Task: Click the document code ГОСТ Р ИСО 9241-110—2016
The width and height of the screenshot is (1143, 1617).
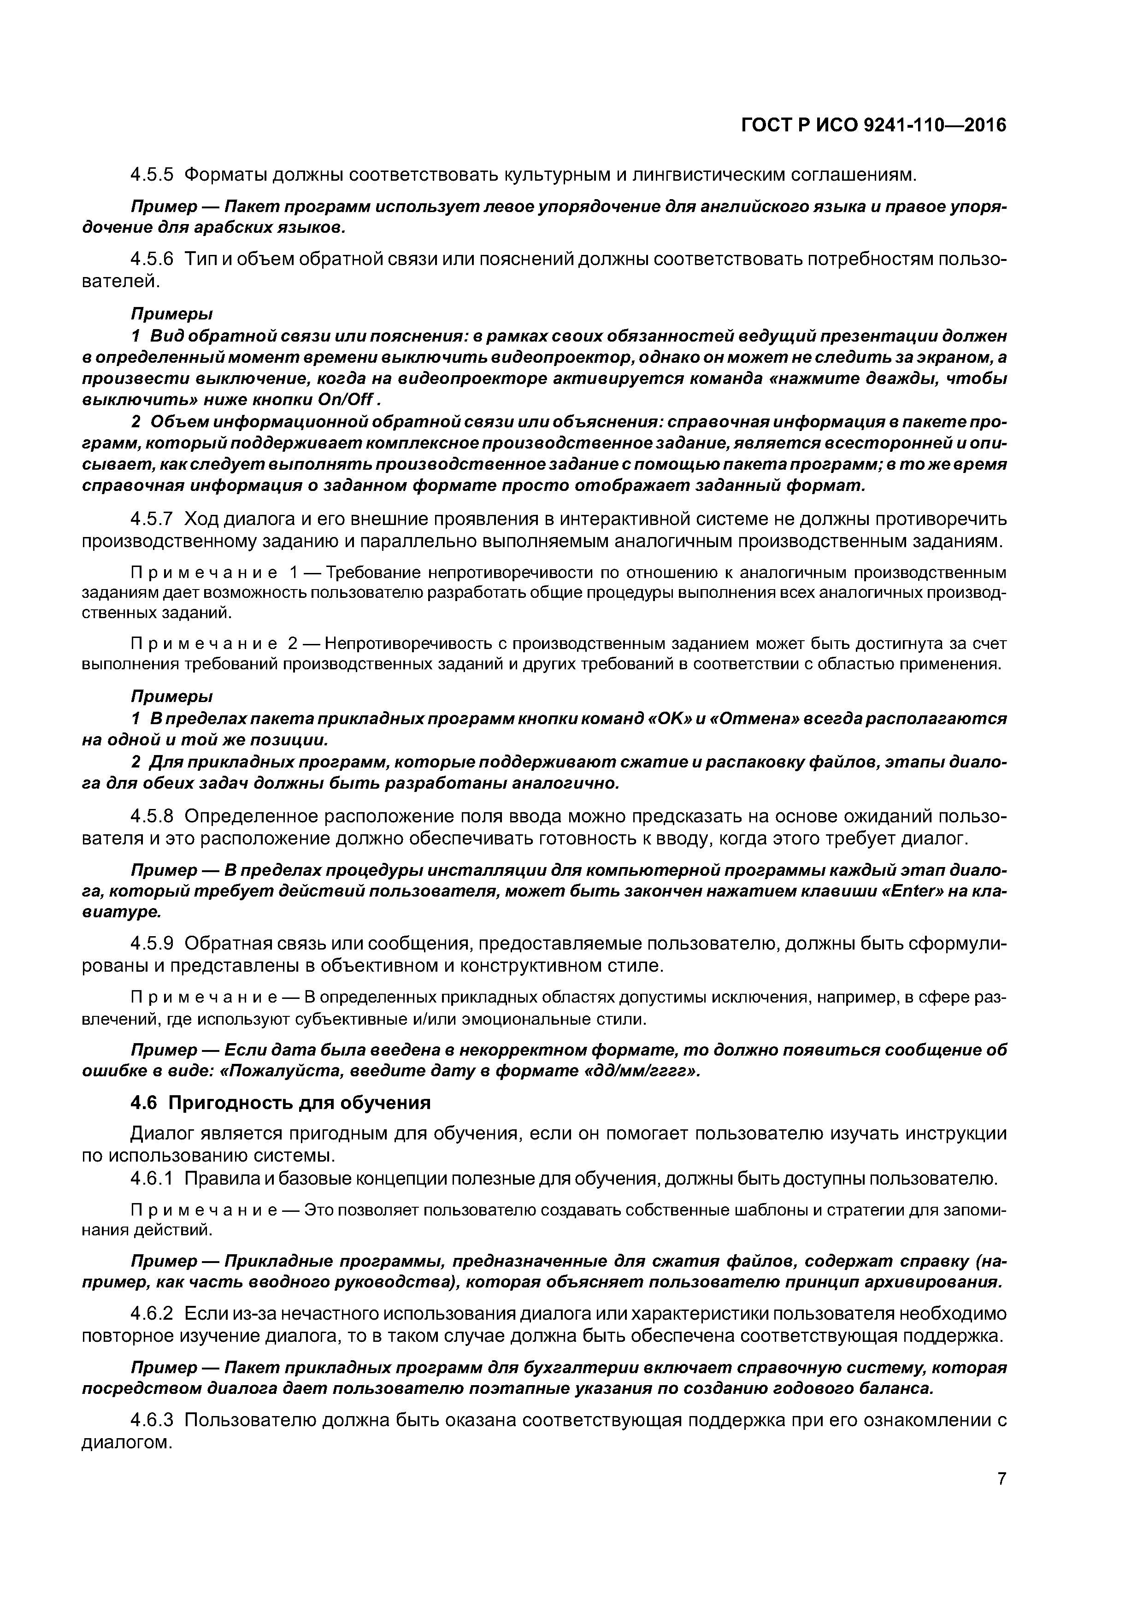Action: click(x=874, y=125)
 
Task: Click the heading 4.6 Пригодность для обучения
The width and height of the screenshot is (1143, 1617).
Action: click(x=280, y=1102)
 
